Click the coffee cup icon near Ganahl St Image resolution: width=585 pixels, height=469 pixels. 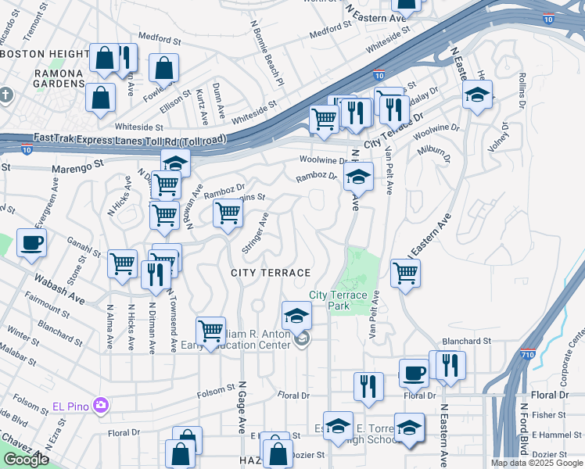click(x=31, y=243)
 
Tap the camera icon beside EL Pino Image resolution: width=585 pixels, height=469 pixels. click(x=100, y=405)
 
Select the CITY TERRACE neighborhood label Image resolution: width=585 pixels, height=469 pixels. click(x=271, y=272)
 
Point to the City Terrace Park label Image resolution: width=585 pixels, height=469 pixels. click(x=338, y=300)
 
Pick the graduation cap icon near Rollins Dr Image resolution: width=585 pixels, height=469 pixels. click(x=477, y=95)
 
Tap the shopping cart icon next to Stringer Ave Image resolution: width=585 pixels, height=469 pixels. click(x=228, y=212)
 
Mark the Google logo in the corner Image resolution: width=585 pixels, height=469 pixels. click(x=26, y=460)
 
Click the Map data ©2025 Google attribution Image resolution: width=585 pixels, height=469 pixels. click(x=537, y=463)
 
